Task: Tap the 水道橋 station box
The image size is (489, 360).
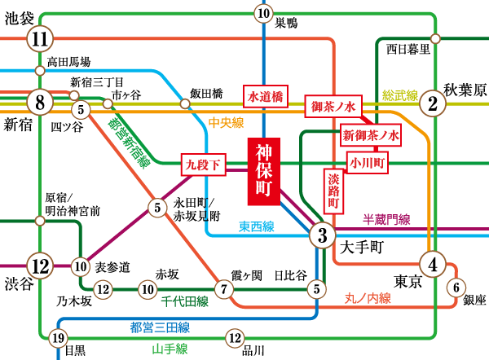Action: [265, 96]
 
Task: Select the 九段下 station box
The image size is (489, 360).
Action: [203, 165]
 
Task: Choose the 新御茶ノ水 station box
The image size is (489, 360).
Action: [371, 135]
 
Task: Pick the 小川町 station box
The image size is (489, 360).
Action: [368, 162]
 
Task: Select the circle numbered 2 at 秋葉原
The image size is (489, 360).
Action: [433, 103]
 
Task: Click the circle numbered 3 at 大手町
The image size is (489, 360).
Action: [323, 236]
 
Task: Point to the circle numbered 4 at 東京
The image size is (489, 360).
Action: [433, 264]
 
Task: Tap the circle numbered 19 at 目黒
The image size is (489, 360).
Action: [57, 339]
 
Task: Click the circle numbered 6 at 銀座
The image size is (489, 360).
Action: [456, 287]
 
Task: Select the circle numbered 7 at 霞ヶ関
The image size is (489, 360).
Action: [224, 288]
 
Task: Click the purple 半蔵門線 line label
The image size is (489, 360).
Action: [385, 219]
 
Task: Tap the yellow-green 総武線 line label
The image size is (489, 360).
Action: [400, 94]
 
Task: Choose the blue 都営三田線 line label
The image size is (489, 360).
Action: [160, 327]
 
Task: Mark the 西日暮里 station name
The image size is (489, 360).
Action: [407, 48]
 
